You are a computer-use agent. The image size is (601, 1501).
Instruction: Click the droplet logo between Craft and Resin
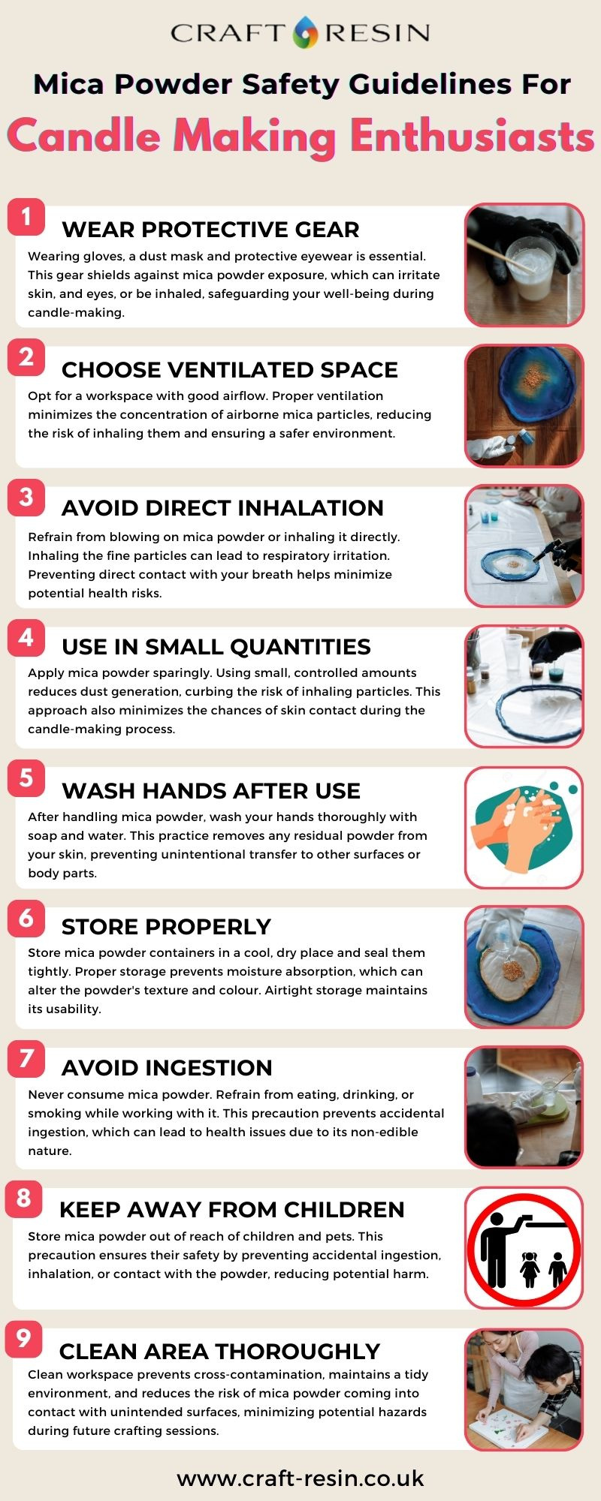pos(305,32)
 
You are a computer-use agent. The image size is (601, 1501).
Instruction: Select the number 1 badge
pos(26,218)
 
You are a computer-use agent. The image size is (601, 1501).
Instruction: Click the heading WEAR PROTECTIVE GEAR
pos(210,230)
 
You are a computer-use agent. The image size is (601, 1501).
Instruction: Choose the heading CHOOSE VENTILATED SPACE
pos(230,370)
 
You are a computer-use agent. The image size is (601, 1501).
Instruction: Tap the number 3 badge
pos(26,498)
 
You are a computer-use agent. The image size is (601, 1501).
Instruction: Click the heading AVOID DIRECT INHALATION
pos(222,508)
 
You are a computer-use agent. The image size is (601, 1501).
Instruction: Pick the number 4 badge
pos(26,638)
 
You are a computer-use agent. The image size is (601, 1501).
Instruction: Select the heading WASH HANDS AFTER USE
pos(211,791)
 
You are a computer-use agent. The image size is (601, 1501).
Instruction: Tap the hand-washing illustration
pos(524,827)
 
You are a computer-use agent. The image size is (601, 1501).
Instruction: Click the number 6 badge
pos(26,919)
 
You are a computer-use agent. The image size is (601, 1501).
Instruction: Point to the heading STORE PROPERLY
pos(166,927)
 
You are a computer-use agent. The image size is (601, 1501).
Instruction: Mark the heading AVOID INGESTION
pos(167,1068)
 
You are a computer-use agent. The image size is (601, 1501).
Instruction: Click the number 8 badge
pos(24,1198)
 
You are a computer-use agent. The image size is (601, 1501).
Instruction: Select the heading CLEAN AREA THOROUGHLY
pos(219,1352)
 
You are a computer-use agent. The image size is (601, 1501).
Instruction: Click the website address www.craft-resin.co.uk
pos(300,1478)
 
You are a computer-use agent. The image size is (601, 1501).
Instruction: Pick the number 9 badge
pos(24,1338)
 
